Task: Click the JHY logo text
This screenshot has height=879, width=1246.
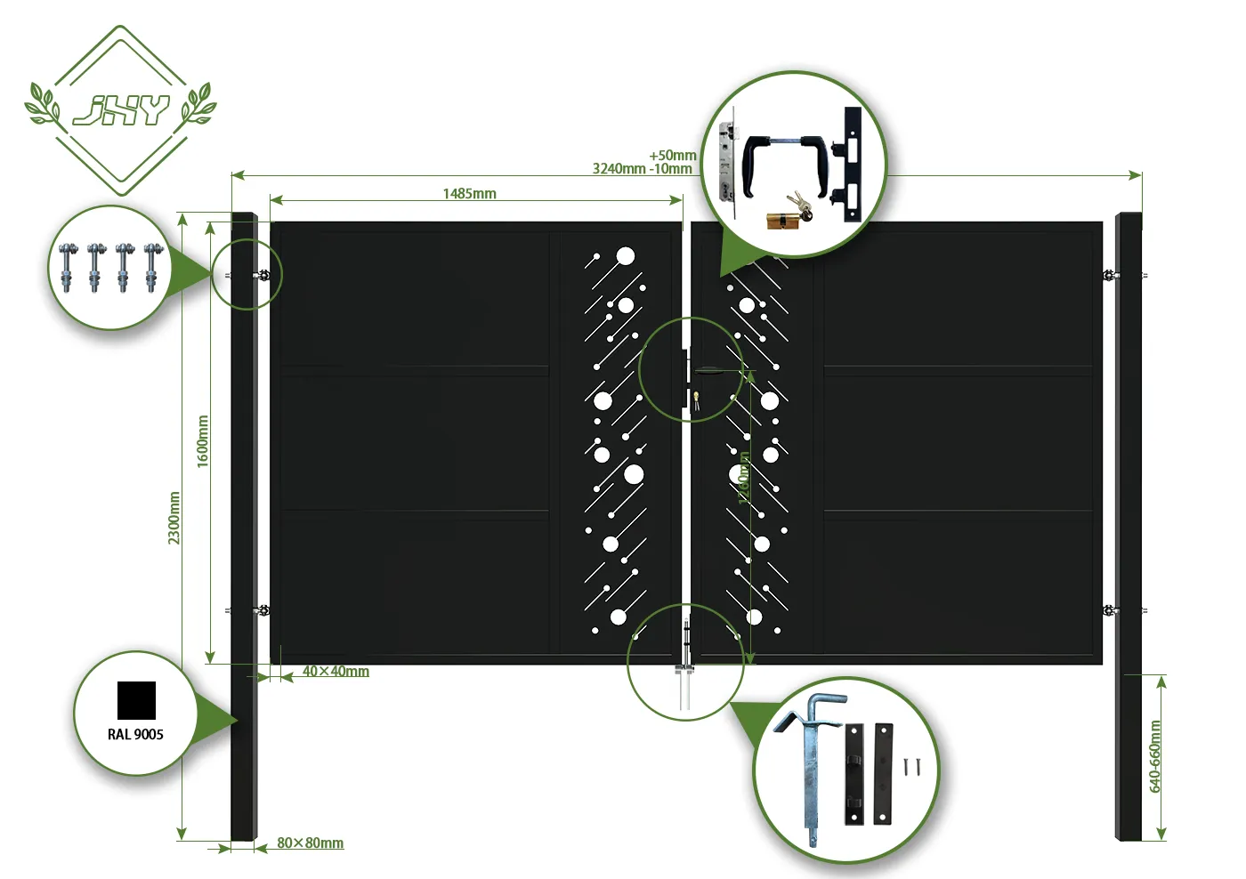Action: [x=120, y=110]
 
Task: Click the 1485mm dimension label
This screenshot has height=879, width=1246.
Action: [x=469, y=194]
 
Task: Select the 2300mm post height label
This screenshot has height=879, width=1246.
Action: [x=174, y=518]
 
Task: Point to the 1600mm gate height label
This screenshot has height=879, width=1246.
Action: [x=203, y=441]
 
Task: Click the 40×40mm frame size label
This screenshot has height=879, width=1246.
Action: [x=336, y=672]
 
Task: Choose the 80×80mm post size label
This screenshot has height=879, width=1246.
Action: [x=310, y=843]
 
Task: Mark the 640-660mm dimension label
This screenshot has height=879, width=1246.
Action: [x=1155, y=756]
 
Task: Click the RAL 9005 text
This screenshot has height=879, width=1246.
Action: [x=135, y=735]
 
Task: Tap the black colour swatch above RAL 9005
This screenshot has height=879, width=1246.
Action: [x=136, y=700]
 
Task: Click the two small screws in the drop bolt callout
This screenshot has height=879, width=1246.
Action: [x=912, y=767]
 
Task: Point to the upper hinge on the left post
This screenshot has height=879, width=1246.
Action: [x=262, y=275]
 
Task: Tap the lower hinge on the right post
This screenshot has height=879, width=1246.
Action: [x=1109, y=610]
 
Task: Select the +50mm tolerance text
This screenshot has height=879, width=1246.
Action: [x=673, y=156]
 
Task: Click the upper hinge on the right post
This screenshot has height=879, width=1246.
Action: [x=1109, y=275]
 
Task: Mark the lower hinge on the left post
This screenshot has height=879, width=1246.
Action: [x=262, y=610]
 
